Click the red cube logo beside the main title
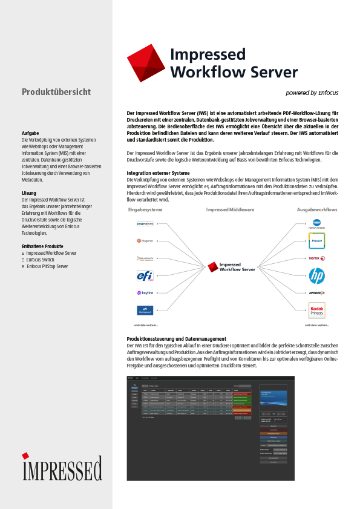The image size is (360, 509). tap(146, 63)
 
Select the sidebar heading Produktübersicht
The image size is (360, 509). tap(56, 92)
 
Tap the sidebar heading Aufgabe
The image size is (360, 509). tap(30, 133)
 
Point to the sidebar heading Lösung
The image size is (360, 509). tap(29, 193)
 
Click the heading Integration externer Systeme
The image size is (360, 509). tap(159, 172)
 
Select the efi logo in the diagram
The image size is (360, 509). tap(145, 276)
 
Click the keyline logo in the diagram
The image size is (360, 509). tap(145, 293)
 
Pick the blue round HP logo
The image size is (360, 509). tap(317, 276)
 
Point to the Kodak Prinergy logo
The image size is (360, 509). tap(317, 310)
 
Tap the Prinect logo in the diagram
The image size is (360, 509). tap(317, 240)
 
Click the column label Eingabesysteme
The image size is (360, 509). tap(145, 209)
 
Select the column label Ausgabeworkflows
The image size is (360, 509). tap(317, 209)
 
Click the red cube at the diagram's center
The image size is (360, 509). tap(212, 267)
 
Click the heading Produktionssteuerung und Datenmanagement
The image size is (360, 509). tap(177, 338)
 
